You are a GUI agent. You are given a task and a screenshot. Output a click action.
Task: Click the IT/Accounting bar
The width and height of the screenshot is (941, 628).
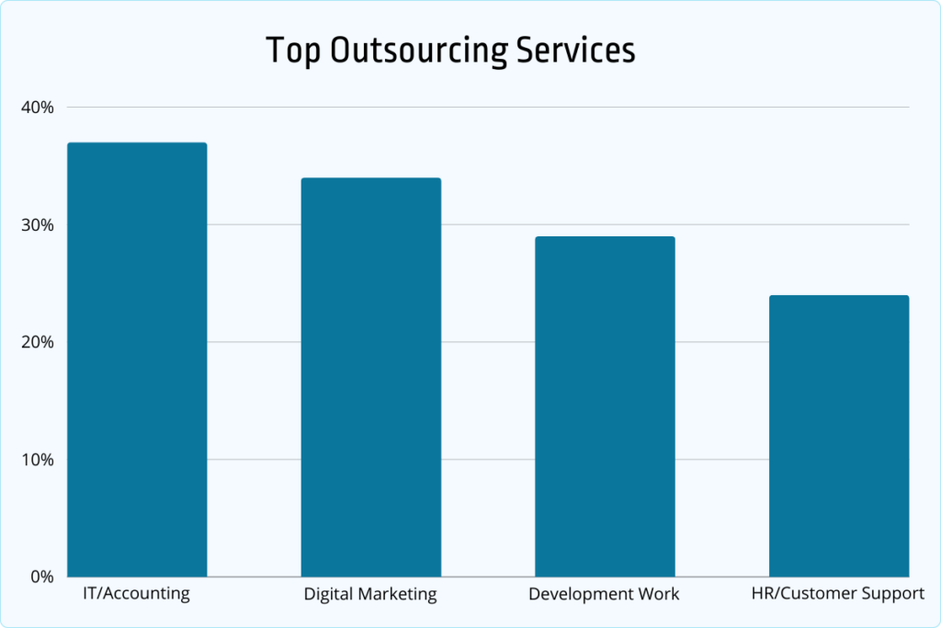[x=138, y=360]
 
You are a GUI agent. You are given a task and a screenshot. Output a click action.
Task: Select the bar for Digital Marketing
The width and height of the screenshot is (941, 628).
[x=371, y=377]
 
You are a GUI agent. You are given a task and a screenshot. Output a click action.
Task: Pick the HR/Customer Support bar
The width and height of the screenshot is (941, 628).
[x=839, y=436]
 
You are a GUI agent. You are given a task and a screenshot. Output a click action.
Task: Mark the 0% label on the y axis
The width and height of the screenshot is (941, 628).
[x=42, y=577]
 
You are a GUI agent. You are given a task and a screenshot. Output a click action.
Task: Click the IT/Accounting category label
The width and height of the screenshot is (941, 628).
[x=136, y=593]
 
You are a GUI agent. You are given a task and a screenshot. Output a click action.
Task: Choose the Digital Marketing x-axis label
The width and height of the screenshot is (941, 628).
[x=370, y=594]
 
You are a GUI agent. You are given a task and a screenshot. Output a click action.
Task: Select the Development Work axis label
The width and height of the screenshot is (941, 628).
[x=604, y=594]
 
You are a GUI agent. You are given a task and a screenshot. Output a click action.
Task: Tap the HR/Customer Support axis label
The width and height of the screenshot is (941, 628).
[x=838, y=594]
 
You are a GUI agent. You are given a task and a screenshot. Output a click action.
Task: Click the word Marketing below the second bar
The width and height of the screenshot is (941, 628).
[x=398, y=594]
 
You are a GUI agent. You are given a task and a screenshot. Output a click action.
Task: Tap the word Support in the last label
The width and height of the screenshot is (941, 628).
[x=891, y=594]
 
